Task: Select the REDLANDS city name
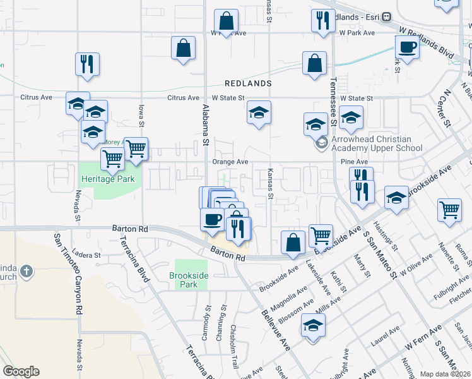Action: click(249, 83)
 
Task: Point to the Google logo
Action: click(21, 371)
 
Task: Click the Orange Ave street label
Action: click(230, 162)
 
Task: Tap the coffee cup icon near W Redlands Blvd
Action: click(407, 47)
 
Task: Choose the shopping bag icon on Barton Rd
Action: click(293, 243)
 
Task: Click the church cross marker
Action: click(26, 272)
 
